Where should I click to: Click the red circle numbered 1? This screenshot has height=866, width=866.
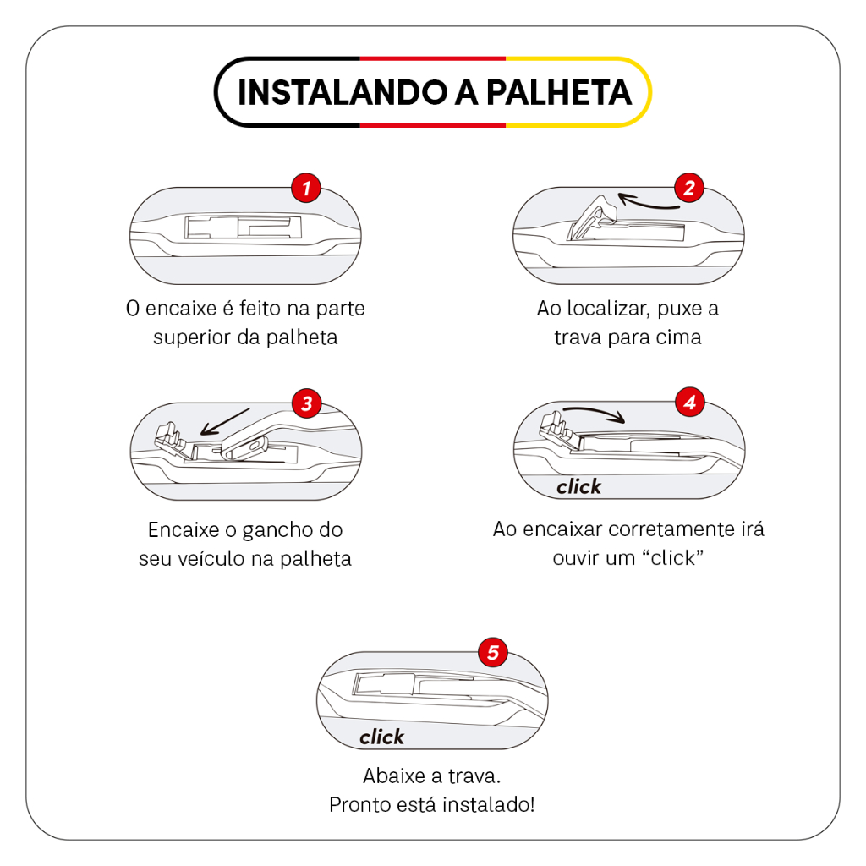(x=306, y=188)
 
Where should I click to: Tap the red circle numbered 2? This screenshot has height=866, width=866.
(x=688, y=188)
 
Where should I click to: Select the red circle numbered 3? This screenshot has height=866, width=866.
(x=306, y=403)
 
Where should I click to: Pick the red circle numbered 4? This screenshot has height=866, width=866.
(x=690, y=402)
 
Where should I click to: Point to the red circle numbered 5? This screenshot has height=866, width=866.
(x=493, y=652)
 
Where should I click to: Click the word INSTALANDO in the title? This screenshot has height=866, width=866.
(x=343, y=92)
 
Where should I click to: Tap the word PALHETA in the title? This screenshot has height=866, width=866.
(x=558, y=92)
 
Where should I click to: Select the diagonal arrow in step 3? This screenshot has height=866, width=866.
(x=225, y=423)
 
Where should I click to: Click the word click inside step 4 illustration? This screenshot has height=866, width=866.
(x=578, y=486)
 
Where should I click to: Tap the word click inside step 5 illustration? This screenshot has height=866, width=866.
(x=381, y=737)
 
